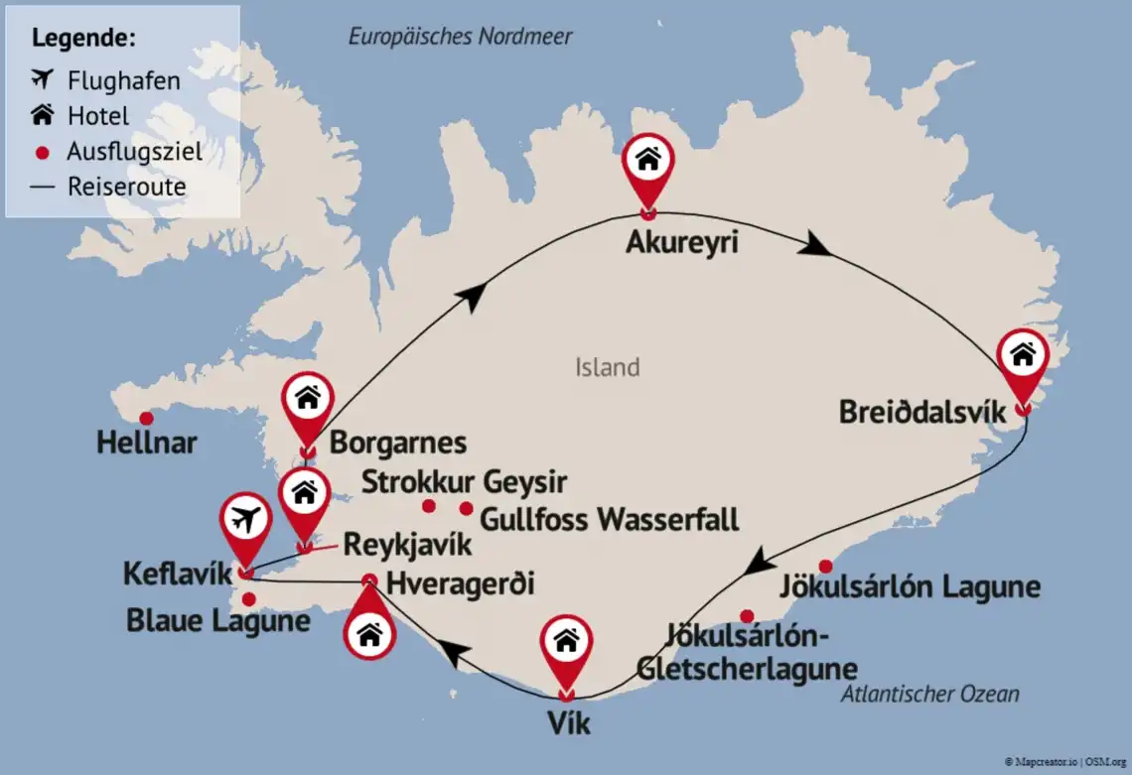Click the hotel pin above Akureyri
pyautogui.click(x=647, y=162)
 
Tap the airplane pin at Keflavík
pyautogui.click(x=245, y=521)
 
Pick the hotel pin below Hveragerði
pyautogui.click(x=369, y=632)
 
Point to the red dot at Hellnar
pyautogui.click(x=146, y=418)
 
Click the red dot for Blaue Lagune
pyautogui.click(x=248, y=598)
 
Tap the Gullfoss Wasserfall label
pyautogui.click(x=610, y=518)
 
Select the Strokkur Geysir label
pyautogui.click(x=464, y=482)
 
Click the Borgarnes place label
pyautogui.click(x=397, y=442)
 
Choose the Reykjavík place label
pyautogui.click(x=407, y=544)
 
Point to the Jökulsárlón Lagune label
pyautogui.click(x=910, y=586)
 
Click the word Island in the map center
pyautogui.click(x=607, y=368)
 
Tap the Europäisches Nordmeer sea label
pyautogui.click(x=461, y=37)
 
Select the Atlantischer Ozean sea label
pyautogui.click(x=929, y=694)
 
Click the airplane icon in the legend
pyautogui.click(x=42, y=79)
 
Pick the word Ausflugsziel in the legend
pyautogui.click(x=135, y=152)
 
